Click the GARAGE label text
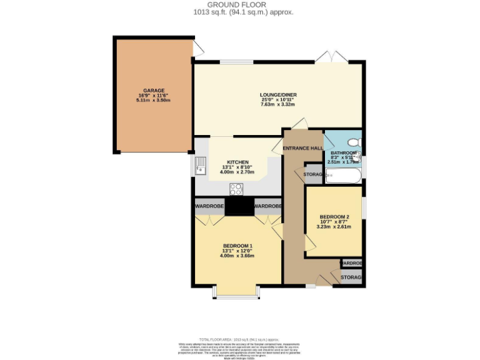click(153, 91)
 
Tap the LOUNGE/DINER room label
click(278, 95)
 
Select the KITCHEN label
click(237, 162)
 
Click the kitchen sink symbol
click(201, 167)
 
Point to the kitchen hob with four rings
click(237, 188)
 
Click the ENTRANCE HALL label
click(303, 148)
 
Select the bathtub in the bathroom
click(343, 176)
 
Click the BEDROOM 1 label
click(237, 246)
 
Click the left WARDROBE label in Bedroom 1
click(209, 206)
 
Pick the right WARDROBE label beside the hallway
click(267, 206)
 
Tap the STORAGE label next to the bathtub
click(313, 174)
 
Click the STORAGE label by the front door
click(351, 277)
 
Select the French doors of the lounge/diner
click(332, 58)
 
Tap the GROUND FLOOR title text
click(241, 4)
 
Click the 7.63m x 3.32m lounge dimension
click(278, 104)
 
